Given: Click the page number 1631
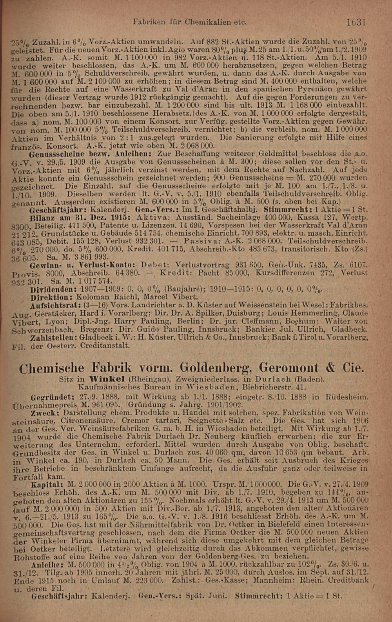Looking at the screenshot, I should (x=356, y=22).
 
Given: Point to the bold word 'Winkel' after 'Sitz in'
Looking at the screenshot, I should (x=108, y=379).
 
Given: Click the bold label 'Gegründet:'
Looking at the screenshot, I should (x=52, y=396).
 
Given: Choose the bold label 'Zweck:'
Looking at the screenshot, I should (x=46, y=413).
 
